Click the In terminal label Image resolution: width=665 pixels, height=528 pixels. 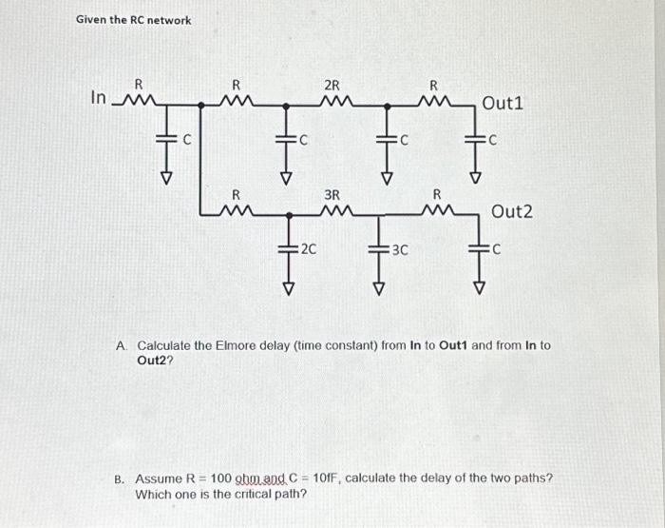click(x=99, y=97)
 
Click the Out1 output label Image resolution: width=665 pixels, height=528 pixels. click(x=503, y=103)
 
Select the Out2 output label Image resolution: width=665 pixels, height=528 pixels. click(x=511, y=211)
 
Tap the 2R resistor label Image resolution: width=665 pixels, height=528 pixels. click(x=333, y=85)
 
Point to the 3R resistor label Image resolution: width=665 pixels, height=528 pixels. click(x=332, y=195)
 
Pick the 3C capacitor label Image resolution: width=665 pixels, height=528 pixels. click(x=399, y=251)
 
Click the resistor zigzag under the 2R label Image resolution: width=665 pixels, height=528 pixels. click(x=333, y=100)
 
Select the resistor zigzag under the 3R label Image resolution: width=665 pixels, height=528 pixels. click(x=332, y=211)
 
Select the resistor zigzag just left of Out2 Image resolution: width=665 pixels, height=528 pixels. click(x=434, y=211)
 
